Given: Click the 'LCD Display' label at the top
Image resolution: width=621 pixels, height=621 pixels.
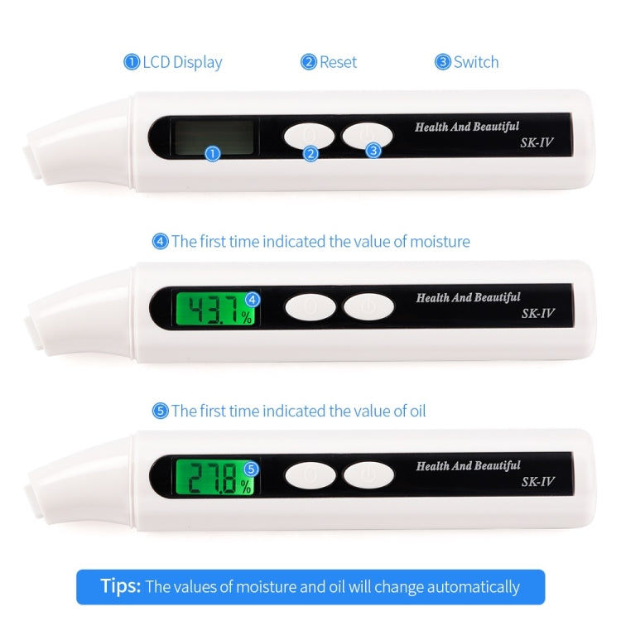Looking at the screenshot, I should point(182,62).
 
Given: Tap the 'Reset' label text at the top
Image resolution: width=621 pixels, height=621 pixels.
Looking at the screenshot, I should point(338,62).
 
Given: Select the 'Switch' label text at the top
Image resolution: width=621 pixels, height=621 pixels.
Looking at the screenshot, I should point(476,62).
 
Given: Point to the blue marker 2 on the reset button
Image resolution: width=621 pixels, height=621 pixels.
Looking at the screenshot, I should point(310,153).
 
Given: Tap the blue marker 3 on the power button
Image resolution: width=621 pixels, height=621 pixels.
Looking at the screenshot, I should point(373,151).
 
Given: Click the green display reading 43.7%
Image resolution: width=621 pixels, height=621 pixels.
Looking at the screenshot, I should point(214,310).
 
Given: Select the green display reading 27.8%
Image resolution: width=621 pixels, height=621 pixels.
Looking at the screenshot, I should point(214,479).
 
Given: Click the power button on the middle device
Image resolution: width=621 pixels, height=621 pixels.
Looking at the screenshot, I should point(368,307).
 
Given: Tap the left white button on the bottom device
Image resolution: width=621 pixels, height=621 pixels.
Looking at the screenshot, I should point(310,475).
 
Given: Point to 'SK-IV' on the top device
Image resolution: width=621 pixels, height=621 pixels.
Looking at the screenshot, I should point(537,143).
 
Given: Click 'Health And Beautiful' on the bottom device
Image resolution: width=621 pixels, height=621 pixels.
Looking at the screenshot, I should point(468,465).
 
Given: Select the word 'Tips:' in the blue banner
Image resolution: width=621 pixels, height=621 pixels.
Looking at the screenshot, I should point(121,587).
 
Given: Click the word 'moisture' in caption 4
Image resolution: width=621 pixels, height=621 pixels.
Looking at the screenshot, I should point(439,242).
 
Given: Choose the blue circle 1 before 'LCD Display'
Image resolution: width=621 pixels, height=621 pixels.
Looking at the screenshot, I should point(132,62).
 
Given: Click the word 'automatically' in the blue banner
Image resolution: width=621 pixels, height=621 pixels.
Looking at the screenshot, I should point(471,588).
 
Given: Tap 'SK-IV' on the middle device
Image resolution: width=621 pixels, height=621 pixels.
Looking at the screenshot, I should point(537,313).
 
